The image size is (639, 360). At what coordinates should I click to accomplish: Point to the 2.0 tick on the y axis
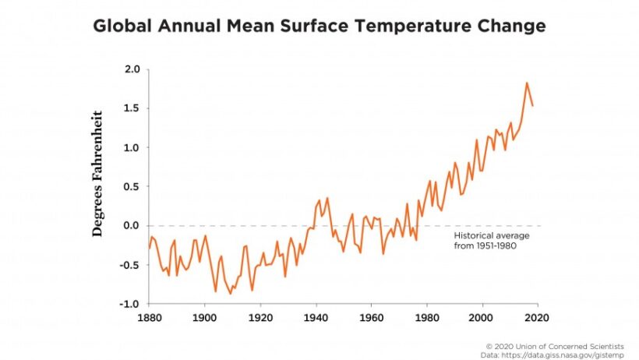[x=132, y=70]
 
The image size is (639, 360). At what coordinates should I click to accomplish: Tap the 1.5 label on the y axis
[x=132, y=109]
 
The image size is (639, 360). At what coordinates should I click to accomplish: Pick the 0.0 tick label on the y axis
[x=132, y=226]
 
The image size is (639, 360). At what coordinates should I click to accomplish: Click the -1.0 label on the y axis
[x=129, y=304]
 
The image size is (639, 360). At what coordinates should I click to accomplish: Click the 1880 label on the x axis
[x=149, y=318]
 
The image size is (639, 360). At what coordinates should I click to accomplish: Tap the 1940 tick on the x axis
[x=315, y=318]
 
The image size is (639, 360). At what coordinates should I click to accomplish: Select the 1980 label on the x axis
[x=425, y=318]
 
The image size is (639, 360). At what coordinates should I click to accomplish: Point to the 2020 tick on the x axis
[x=536, y=318]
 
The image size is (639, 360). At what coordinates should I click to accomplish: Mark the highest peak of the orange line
[x=527, y=83]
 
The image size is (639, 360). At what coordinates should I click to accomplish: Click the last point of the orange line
[x=532, y=105]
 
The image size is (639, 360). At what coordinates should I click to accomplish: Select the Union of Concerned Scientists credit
[x=566, y=345]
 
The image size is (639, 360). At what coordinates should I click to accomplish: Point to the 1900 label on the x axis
[x=204, y=318]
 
